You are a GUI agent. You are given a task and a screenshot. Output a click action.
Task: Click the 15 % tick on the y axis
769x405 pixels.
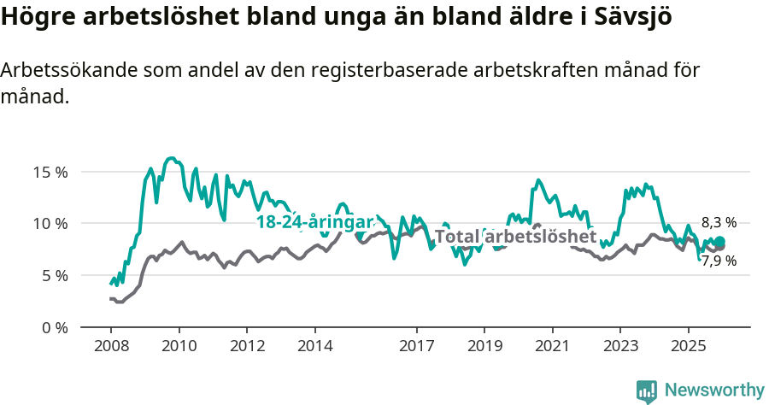coord(50,172)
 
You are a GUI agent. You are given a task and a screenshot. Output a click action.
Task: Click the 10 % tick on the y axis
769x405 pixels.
coord(50,224)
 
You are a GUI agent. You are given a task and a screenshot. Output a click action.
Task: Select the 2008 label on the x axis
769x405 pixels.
coord(111,346)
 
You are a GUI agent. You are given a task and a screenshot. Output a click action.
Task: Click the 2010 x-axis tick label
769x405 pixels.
coord(179,346)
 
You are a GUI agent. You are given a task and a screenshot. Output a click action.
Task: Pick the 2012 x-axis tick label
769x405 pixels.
coord(247,346)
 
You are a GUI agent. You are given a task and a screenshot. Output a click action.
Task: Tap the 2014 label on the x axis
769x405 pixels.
coord(314,346)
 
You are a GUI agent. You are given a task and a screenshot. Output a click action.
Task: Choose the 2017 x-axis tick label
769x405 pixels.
coord(416,346)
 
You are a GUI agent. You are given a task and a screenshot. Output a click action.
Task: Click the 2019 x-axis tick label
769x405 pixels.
coord(484,346)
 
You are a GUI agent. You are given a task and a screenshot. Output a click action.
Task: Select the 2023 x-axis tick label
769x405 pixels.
coord(620,346)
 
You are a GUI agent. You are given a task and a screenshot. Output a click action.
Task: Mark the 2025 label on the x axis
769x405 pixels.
coord(688,346)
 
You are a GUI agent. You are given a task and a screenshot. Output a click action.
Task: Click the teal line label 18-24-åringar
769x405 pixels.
coord(315,222)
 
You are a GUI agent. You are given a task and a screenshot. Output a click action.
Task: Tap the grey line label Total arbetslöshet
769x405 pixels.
coord(515,237)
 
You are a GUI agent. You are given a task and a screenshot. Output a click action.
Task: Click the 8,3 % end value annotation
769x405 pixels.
coord(719,222)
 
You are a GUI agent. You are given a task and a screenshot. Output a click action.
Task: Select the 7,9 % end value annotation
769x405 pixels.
coord(719,261)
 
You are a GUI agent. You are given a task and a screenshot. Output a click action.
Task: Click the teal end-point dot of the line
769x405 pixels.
coord(719,242)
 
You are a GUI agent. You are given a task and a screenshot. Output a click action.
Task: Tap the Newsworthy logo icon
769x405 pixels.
coord(647,390)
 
